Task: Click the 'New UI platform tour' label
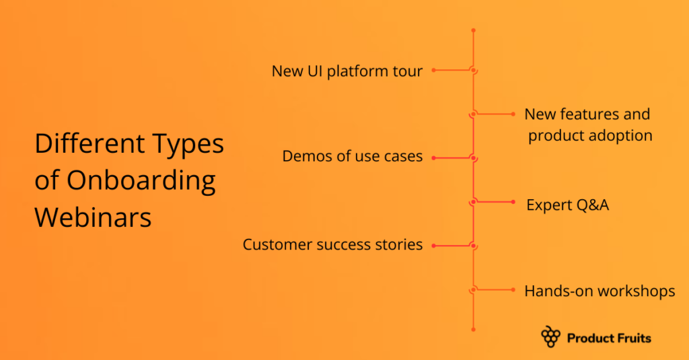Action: pyautogui.click(x=347, y=71)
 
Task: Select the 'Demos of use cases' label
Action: pyautogui.click(x=353, y=157)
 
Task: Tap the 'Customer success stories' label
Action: pyautogui.click(x=332, y=244)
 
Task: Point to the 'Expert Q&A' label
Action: pyautogui.click(x=567, y=205)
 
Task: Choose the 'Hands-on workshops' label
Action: pyautogui.click(x=600, y=291)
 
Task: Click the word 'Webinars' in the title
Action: pyautogui.click(x=94, y=217)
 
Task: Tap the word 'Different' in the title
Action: pyautogui.click(x=81, y=144)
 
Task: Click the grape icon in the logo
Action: pyautogui.click(x=550, y=337)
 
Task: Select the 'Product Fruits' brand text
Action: pyautogui.click(x=609, y=338)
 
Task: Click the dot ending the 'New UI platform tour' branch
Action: pyautogui.click(x=433, y=70)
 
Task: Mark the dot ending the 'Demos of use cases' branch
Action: pyautogui.click(x=433, y=157)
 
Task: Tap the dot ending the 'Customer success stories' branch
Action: pyautogui.click(x=433, y=245)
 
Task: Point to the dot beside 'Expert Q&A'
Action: pyautogui.click(x=514, y=202)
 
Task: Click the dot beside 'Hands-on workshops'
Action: pyautogui.click(x=514, y=289)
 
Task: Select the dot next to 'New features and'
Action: pyautogui.click(x=514, y=114)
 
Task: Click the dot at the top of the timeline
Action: pyautogui.click(x=474, y=31)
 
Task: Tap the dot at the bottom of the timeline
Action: pyautogui.click(x=474, y=329)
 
